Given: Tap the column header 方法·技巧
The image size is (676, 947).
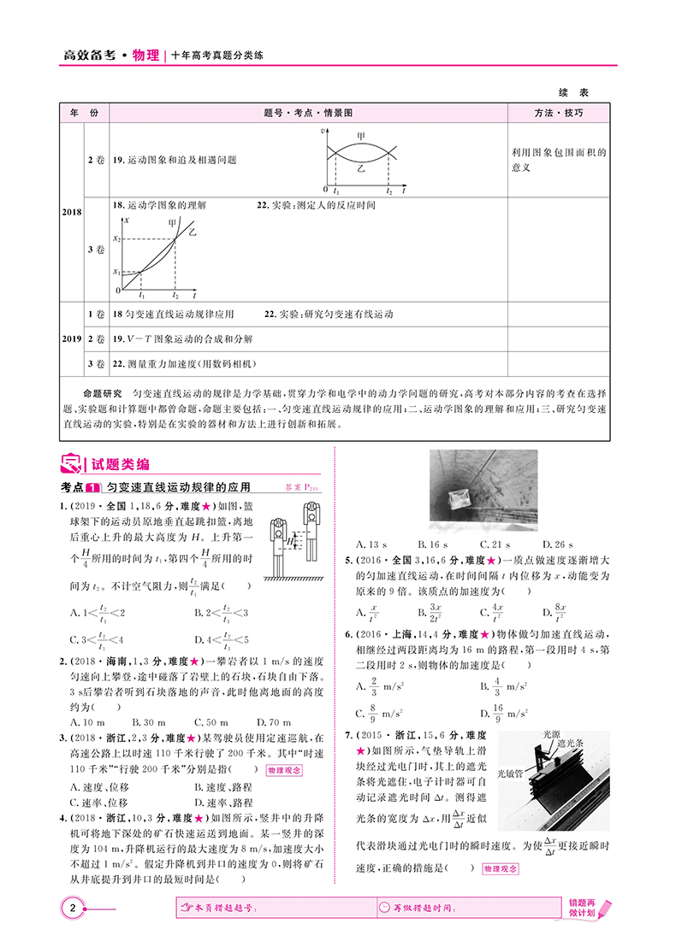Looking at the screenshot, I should (559, 113).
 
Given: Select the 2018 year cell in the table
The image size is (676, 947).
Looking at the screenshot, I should (71, 211).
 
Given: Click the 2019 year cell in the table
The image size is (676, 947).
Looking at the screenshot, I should (71, 338).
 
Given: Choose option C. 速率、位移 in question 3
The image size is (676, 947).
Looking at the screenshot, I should (99, 803).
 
